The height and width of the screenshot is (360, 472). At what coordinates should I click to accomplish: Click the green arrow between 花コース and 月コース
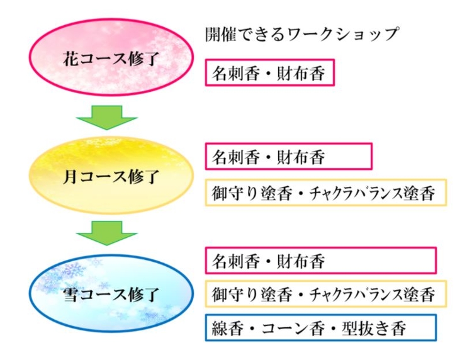coord(106,117)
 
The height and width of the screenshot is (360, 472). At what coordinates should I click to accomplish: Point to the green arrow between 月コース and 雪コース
coord(106,234)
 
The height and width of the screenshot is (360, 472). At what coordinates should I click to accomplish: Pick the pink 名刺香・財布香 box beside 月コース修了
coord(288,157)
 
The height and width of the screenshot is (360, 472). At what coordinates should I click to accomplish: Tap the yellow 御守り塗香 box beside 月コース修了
coord(325,193)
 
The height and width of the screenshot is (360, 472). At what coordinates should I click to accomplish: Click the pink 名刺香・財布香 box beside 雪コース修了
coord(320,260)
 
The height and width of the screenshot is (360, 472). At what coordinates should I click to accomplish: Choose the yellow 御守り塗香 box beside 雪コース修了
coord(325,293)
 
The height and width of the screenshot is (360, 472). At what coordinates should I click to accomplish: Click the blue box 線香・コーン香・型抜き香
coord(320,328)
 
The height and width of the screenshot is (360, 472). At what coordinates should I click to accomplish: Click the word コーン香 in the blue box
coord(295,328)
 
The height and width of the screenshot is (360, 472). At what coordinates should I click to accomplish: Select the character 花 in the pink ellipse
coord(70,60)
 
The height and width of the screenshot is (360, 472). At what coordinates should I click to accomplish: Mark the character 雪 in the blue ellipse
coord(70,294)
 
